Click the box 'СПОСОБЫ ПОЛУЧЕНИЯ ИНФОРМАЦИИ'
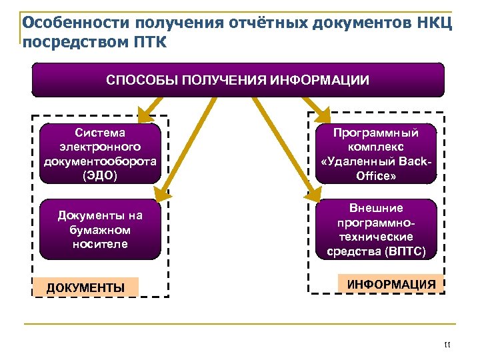(238, 80)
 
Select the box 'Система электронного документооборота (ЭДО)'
(100, 153)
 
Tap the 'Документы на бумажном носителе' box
(100, 229)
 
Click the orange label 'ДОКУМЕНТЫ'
(85, 287)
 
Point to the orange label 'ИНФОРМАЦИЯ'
(391, 284)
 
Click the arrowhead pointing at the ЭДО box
(142, 114)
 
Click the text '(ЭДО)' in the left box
(100, 175)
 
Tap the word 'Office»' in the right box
(376, 175)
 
